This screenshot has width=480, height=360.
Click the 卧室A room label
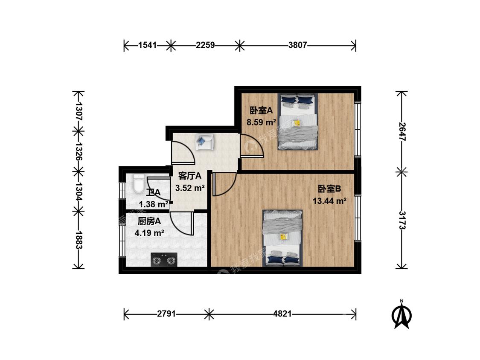[261, 110]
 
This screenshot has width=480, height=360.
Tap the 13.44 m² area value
[329, 201]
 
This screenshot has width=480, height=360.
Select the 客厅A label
[190, 176]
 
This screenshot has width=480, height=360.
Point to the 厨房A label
[149, 221]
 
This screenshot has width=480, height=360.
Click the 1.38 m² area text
[153, 204]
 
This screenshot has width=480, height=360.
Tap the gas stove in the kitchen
[164, 260]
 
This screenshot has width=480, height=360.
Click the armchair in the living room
[204, 142]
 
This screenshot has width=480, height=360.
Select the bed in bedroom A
[298, 122]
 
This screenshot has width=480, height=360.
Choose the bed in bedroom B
[283, 238]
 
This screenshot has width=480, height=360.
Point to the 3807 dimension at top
[297, 45]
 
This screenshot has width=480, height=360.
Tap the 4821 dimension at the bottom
[282, 314]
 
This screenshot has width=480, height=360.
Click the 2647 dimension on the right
[402, 132]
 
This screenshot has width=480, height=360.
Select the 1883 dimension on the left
[79, 240]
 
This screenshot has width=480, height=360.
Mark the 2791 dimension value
[166, 314]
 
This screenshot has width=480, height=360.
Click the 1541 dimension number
[147, 45]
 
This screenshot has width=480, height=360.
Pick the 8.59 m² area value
[262, 122]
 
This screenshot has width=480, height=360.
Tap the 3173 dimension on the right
[402, 221]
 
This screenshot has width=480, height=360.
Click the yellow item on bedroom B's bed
[284, 237]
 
